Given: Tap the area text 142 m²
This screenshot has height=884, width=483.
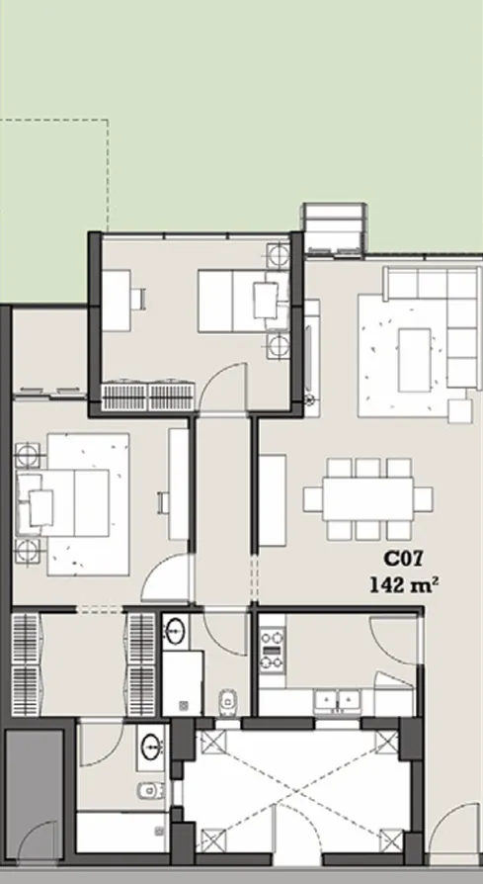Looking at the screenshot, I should coord(404,584).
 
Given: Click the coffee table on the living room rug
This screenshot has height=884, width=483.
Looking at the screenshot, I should coord(414,348).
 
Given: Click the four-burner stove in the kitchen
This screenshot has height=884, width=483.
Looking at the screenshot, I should coord(272,649).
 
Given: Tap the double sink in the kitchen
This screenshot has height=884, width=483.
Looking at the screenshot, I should coord(338,699).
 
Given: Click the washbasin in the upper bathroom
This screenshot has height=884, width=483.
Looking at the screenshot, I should coord(178,631).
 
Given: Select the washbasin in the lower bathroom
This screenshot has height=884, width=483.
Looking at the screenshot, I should coord(152,746).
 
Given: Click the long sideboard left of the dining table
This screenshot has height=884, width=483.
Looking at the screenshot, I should coord(272,499).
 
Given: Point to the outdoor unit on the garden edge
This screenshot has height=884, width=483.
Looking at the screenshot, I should coord(335,227).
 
